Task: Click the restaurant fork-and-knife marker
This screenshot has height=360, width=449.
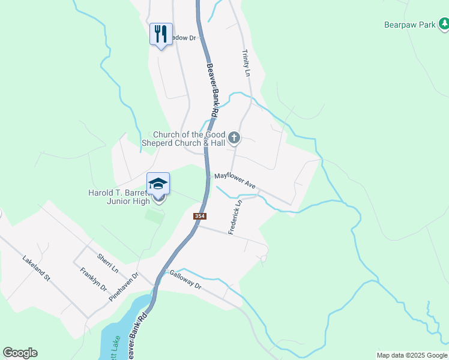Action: [160, 34]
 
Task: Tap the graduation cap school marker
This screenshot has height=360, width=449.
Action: [158, 184]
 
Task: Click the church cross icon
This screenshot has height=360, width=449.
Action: [234, 139]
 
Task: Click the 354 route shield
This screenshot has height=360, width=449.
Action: [200, 216]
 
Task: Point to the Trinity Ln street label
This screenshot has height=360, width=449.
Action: [246, 63]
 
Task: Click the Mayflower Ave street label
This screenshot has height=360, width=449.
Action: [235, 182]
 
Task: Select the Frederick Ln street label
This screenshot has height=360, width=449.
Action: [236, 217]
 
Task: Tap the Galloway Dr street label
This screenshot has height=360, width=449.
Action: [185, 279]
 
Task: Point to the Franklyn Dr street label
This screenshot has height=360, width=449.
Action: [93, 279]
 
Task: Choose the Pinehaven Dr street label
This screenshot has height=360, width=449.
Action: [124, 286]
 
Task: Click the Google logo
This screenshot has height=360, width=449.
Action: [20, 353]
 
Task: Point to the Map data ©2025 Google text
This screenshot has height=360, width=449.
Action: [412, 355]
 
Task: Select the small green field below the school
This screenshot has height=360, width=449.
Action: [154, 217]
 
